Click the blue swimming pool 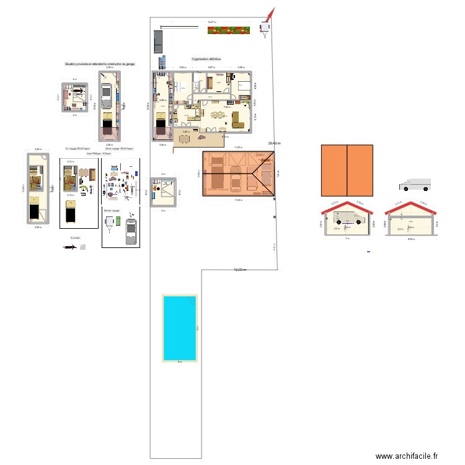179,327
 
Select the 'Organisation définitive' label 206,60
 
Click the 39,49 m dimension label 274,143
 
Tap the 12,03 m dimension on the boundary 240,270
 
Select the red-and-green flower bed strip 228,29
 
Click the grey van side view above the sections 415,185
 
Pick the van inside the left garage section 347,217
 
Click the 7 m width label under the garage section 347,236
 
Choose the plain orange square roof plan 347,170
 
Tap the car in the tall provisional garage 108,92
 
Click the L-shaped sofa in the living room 239,116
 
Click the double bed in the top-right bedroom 242,86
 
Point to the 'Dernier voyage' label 112,211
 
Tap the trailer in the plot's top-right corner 265,27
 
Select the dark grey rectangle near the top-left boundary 157,40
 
